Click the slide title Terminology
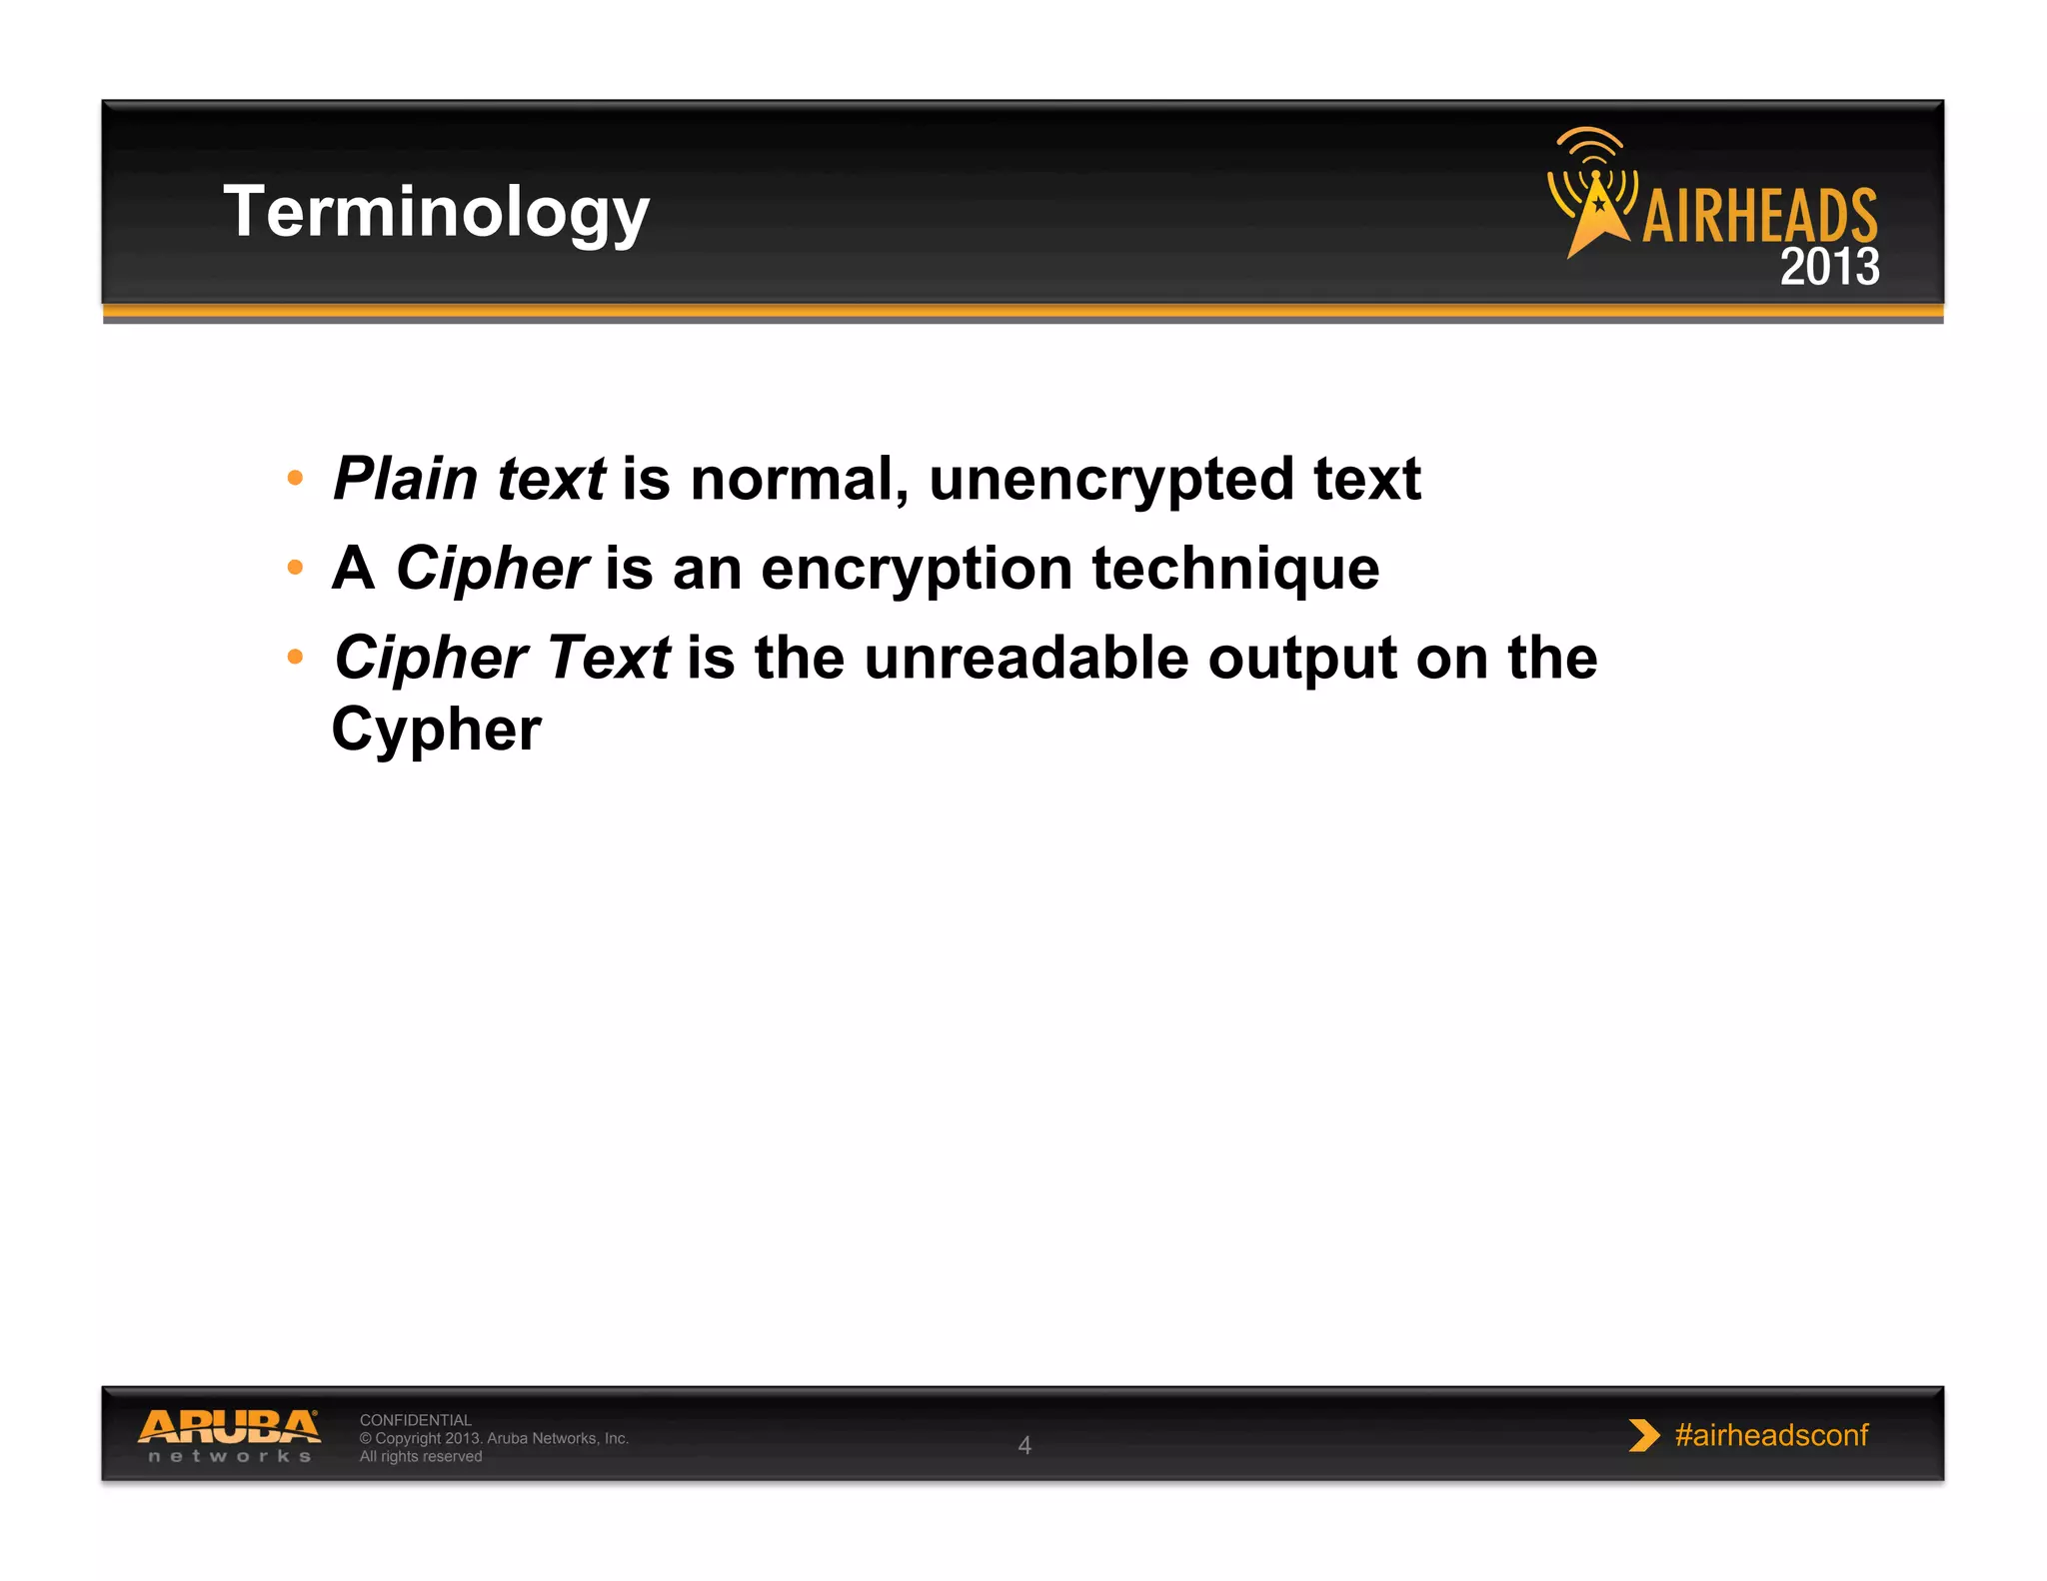point(436,212)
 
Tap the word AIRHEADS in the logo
point(1759,216)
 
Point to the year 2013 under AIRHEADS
point(1829,267)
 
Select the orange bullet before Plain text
point(295,478)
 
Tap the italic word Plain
point(405,479)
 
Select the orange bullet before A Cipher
point(295,568)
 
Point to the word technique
point(1235,569)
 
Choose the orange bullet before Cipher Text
point(295,657)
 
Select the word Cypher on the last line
point(436,731)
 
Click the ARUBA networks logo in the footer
point(229,1435)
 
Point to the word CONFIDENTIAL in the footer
point(415,1420)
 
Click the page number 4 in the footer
point(1023,1445)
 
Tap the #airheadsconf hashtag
point(1770,1435)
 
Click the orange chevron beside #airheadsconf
point(1642,1435)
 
